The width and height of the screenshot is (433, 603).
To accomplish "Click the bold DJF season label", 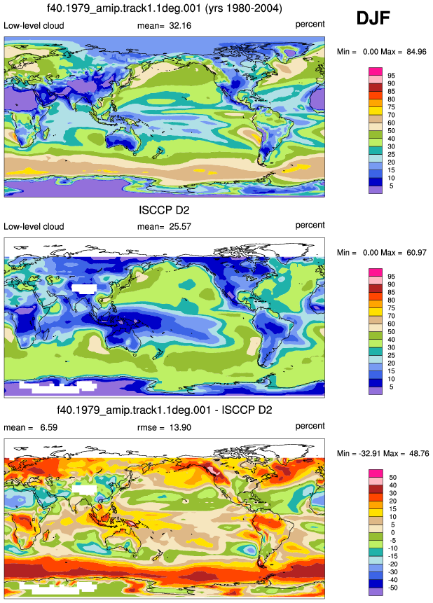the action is [x=373, y=18].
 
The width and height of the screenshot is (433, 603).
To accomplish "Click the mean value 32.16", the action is [x=180, y=26].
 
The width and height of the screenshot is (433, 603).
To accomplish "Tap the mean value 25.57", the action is [x=180, y=226].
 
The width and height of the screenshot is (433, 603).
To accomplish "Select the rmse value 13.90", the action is [x=180, y=428].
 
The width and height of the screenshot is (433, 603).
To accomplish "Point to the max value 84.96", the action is [x=416, y=52].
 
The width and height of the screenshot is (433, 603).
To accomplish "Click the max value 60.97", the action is [x=416, y=253].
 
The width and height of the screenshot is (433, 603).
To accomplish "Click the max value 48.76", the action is [x=419, y=453].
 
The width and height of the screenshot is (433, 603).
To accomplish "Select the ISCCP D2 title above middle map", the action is [x=165, y=210].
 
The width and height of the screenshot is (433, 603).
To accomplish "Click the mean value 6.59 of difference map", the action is [x=49, y=428].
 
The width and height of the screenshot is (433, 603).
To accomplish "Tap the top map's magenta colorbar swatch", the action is [x=376, y=71].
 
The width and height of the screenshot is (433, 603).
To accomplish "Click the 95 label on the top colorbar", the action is [x=391, y=76].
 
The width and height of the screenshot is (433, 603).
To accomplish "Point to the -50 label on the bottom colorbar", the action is [x=392, y=588].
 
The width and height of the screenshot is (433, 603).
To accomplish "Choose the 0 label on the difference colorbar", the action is [x=392, y=533].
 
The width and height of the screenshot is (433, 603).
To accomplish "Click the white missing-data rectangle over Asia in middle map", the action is [x=84, y=288].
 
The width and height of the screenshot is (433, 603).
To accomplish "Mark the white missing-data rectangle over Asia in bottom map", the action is [x=84, y=489].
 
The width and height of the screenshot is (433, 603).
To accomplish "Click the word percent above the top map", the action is [x=310, y=25].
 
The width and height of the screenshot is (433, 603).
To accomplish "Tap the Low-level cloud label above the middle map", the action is [x=34, y=226].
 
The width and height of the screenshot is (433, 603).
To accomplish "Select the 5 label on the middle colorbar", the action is [x=391, y=387].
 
